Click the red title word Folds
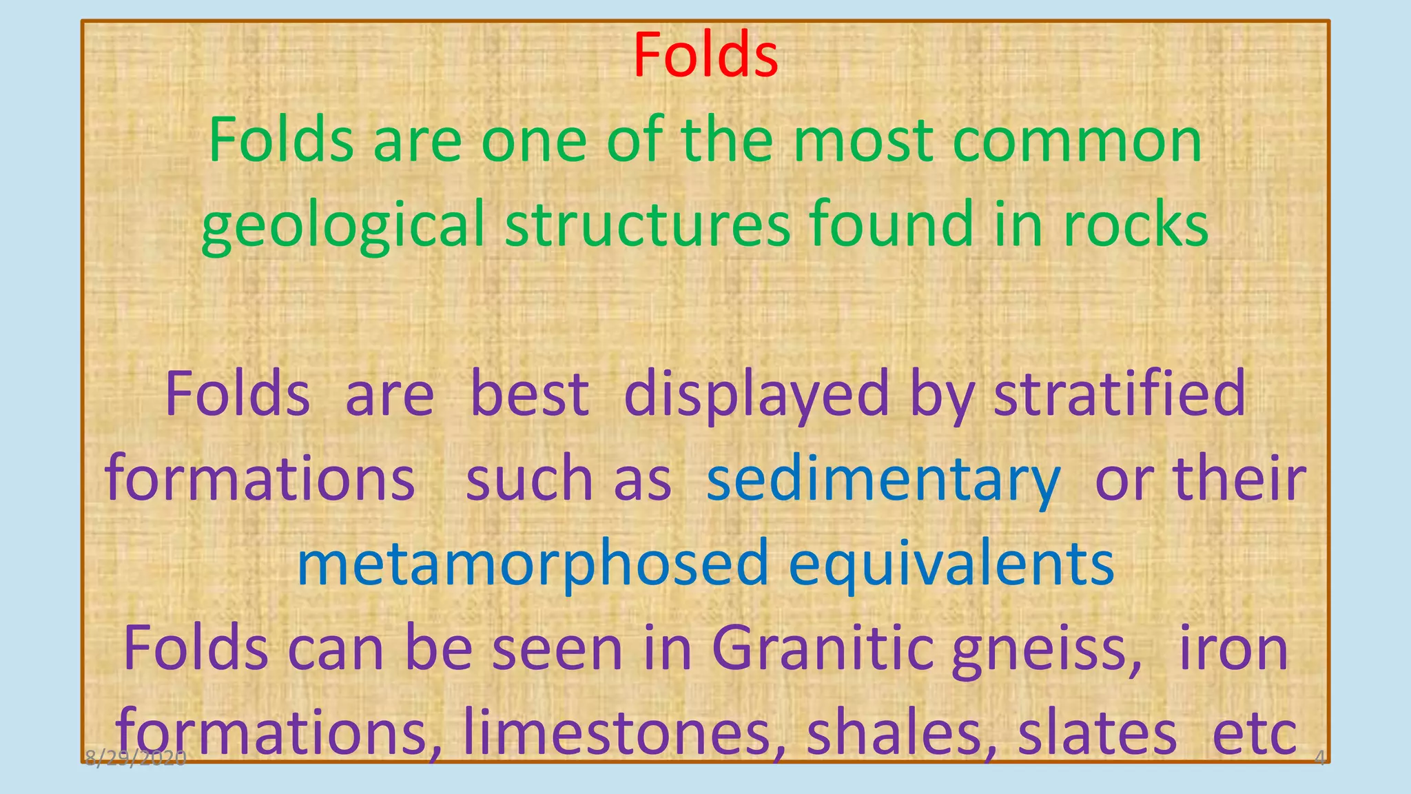[x=705, y=55]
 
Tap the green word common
[x=1078, y=141]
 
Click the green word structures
[x=648, y=225]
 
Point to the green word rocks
[x=1135, y=225]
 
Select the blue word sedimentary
[x=883, y=480]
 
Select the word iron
[x=1233, y=649]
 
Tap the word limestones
[x=617, y=733]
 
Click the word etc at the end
[x=1254, y=735]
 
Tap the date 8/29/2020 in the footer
[x=136, y=759]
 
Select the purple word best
[x=529, y=394]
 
